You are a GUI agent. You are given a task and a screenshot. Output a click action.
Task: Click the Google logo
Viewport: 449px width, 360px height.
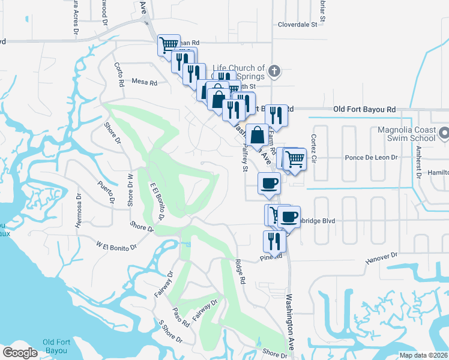coord(20,353)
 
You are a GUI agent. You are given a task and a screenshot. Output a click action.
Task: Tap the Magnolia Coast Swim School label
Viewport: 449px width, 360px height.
coord(406,134)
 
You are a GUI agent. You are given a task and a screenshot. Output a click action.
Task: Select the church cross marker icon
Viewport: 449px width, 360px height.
coord(274,72)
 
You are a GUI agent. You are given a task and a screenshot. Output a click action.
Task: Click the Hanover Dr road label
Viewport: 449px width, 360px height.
coord(381,258)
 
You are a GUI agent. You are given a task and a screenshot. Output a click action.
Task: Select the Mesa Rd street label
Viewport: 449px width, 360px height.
coord(144,82)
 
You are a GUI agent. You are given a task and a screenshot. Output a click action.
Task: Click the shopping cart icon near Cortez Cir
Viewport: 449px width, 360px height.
coord(295,159)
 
